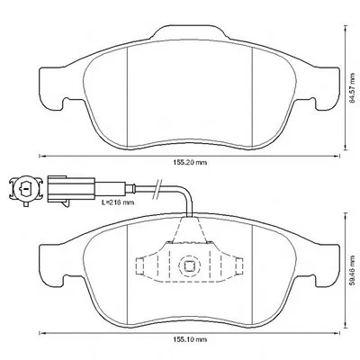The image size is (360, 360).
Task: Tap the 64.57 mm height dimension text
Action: pyautogui.click(x=353, y=88)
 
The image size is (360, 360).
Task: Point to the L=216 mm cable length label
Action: pyautogui.click(x=117, y=202)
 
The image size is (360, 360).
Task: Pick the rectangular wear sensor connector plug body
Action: pyautogui.click(x=71, y=188)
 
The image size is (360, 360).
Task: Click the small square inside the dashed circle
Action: pyautogui.click(x=189, y=265)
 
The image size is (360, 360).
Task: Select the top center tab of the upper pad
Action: pyautogui.click(x=189, y=32)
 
